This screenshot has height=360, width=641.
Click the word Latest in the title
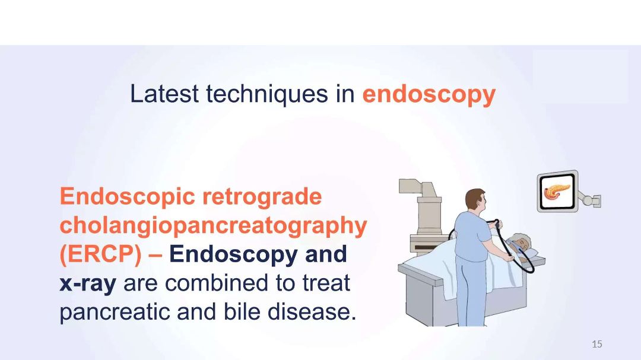pyautogui.click(x=164, y=94)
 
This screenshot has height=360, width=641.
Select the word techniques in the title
pyautogui.click(x=267, y=94)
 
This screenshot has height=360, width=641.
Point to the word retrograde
pyautogui.click(x=262, y=197)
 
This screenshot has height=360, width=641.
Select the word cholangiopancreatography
pyautogui.click(x=214, y=225)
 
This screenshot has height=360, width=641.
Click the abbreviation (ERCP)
pyautogui.click(x=100, y=254)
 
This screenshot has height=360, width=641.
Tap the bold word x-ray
pyautogui.click(x=88, y=283)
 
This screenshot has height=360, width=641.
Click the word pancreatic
pyautogui.click(x=115, y=312)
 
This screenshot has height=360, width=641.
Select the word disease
pyautogui.click(x=312, y=311)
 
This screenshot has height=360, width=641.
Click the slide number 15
pyautogui.click(x=597, y=344)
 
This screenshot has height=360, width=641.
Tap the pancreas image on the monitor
pyautogui.click(x=557, y=191)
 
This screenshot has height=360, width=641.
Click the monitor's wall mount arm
pyautogui.click(x=590, y=199)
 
